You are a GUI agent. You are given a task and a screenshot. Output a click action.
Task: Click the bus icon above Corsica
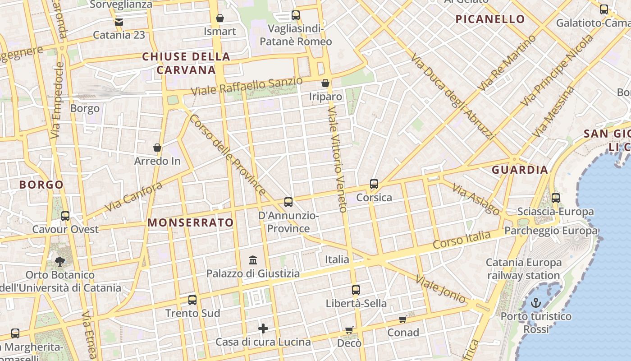374,184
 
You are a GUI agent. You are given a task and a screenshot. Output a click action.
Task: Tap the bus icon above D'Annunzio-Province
288,202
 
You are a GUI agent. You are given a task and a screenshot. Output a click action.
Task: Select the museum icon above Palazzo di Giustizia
253,260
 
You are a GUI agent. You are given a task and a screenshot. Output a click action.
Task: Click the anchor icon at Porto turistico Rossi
535,303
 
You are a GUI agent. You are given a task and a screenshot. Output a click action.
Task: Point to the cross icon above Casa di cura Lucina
263,329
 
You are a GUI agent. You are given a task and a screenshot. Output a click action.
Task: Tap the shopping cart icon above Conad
402,319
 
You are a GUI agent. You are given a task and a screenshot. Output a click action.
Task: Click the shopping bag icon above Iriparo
325,83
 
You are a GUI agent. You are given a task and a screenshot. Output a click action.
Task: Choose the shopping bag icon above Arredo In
157,148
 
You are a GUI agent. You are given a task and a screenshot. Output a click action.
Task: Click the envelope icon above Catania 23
119,22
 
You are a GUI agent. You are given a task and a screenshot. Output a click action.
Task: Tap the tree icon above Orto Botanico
60,261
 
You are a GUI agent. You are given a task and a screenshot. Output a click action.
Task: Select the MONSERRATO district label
191,222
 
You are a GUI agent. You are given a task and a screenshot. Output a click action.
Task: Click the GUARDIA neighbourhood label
520,170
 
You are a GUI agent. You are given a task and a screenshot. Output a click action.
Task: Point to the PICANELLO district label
490,19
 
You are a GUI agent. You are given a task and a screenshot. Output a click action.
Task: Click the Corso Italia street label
462,239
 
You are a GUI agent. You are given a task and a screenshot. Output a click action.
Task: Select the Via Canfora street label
133,197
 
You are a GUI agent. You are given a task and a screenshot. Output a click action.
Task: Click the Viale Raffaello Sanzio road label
247,86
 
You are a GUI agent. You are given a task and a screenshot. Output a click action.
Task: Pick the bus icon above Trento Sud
192,300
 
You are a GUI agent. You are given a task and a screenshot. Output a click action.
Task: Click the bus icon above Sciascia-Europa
556,198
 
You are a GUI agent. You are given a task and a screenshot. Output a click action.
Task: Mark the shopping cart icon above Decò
349,330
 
